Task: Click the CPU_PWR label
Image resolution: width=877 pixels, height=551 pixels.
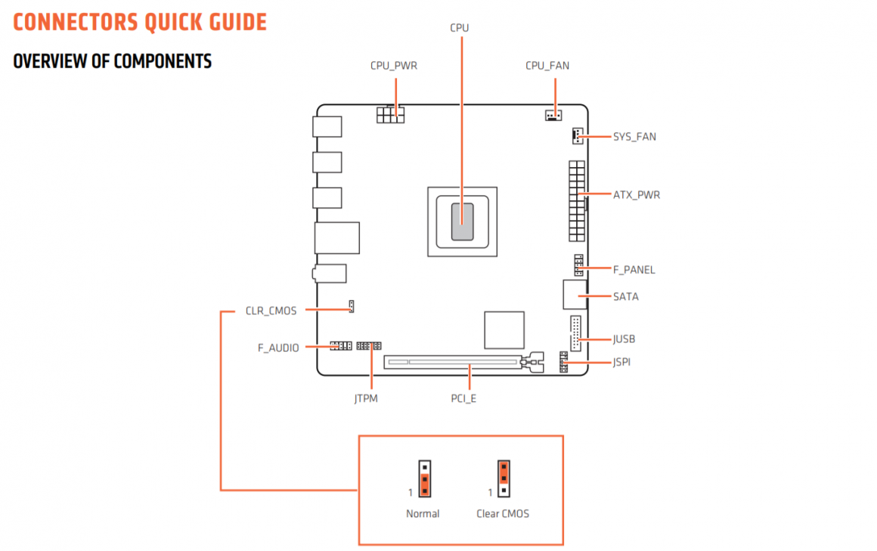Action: point(393,66)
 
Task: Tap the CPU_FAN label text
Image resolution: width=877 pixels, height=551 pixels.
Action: point(547,66)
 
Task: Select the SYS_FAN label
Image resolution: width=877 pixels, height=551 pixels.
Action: point(634,137)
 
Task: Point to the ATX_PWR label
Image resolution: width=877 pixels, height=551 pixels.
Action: point(636,195)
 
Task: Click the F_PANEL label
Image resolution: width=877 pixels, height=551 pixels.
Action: point(634,270)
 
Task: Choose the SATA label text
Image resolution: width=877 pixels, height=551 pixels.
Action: point(625,296)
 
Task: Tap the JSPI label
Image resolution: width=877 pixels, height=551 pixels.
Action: point(621,363)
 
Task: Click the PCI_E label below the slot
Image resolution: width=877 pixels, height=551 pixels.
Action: point(463,398)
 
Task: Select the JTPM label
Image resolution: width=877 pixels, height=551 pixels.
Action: point(365,398)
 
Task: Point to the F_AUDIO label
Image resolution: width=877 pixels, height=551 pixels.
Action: point(278,348)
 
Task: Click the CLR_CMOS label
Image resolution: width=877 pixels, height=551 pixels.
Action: point(271,311)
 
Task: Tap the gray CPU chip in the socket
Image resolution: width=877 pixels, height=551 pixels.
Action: point(463,221)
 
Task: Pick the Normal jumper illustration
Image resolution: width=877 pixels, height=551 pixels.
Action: point(425,478)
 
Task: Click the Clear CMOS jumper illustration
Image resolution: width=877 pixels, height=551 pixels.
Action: point(503,478)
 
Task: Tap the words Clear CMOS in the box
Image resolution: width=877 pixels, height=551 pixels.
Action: point(503,514)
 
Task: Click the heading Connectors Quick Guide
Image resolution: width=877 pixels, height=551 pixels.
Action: point(140,22)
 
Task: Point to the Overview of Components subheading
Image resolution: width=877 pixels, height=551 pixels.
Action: point(113,61)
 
